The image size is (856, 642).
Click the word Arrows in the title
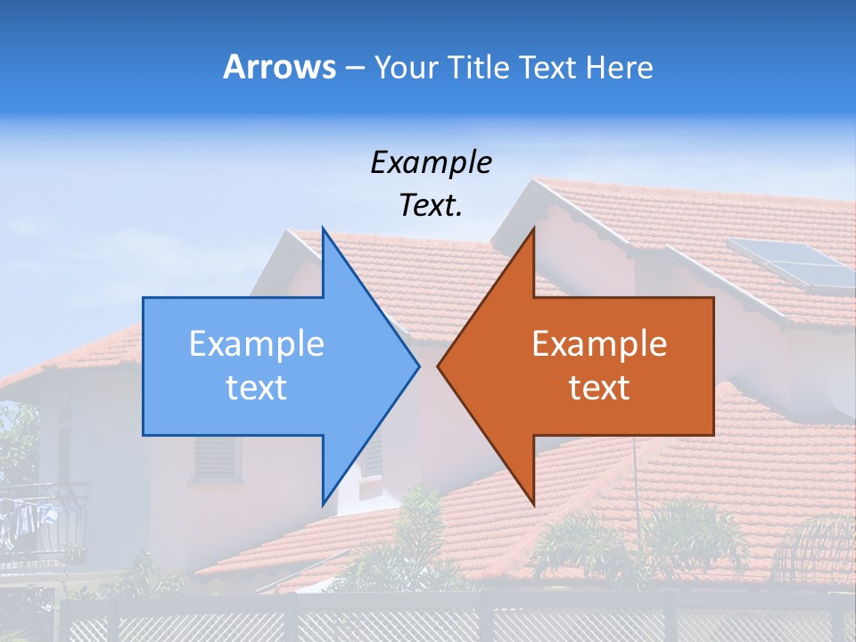280,67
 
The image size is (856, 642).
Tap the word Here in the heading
619,67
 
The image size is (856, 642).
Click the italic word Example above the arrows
431,162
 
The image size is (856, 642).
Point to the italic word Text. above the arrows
431,206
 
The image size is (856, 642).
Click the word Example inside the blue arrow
257,343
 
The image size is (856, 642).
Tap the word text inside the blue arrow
257,388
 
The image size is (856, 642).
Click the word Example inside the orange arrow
599,343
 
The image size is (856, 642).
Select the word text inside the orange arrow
599,388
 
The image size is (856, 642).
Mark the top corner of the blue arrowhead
324,229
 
